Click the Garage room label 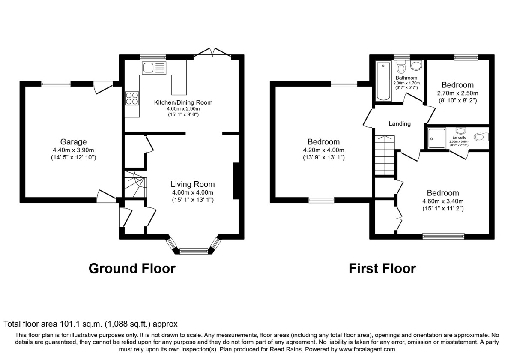74,142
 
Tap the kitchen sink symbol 154,68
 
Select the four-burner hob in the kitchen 132,99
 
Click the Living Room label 192,184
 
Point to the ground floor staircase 135,185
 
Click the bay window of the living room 194,250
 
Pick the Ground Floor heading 132,269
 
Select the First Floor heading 382,269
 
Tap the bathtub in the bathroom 383,81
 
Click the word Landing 399,124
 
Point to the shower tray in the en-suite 436,137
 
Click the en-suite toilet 482,137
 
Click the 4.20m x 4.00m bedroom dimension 323,150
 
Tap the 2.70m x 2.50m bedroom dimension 457,93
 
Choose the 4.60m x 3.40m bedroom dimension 442,201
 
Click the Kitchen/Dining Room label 183,102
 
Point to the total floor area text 90,324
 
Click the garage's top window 56,84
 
